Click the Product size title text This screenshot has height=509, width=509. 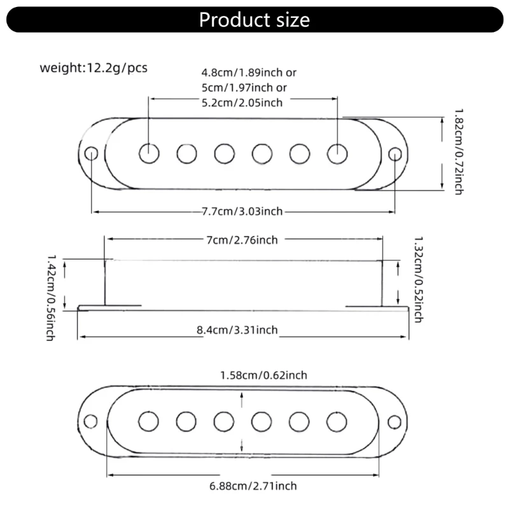pos(254,20)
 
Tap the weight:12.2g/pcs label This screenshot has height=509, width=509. pos(94,67)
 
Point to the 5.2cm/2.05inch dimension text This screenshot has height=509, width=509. pos(242,102)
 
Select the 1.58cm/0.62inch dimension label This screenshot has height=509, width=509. pos(263,375)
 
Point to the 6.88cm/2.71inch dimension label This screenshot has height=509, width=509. pos(253,486)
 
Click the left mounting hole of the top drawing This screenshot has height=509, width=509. pos(92,153)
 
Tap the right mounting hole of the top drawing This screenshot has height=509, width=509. pos(395,153)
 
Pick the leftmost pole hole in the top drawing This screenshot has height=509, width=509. pos(150,153)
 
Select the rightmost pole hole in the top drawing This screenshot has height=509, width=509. pos(337,153)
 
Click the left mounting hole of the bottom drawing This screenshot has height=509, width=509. pos(92,421)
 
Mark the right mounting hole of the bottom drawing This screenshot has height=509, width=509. pos(395,421)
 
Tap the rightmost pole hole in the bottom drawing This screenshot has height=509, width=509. pos(337,421)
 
